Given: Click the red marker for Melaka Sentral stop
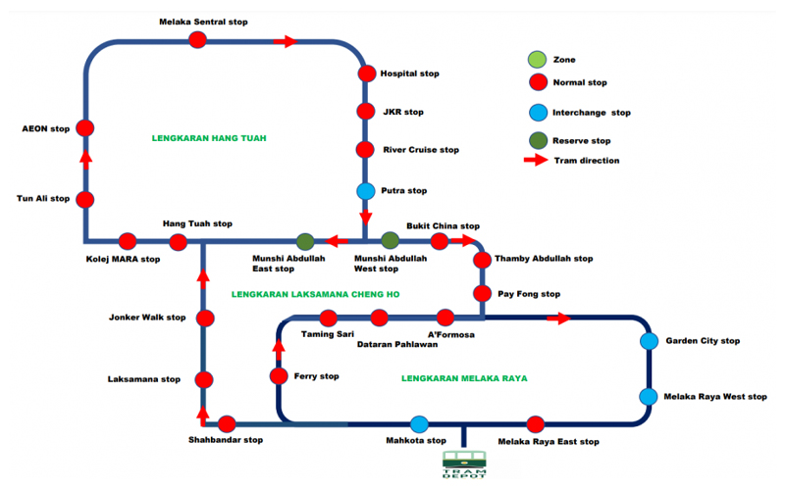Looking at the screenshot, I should coord(197,40).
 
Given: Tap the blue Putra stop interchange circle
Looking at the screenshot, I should coord(366,191).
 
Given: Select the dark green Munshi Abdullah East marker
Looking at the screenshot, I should coord(305,241).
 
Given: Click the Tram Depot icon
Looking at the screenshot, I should coord(463,465).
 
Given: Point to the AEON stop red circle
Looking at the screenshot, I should coord(85,128).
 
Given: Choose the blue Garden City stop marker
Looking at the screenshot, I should coord(649,341).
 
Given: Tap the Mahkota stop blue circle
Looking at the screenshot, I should coord(419,424).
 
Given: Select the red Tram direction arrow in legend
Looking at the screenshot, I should coord(537,160).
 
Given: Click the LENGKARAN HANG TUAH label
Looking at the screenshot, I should coord(209,138).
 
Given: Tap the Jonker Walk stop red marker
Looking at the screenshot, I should coord(205,318).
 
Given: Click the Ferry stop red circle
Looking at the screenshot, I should coord(279,375).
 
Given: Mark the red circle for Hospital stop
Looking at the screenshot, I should coord(366,73).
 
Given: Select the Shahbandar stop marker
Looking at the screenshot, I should coord(227,424).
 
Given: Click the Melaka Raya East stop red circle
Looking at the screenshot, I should coord(535,424).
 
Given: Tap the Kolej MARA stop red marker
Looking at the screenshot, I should coord(127,241).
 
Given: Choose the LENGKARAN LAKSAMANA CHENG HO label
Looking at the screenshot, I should coord(316,294).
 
